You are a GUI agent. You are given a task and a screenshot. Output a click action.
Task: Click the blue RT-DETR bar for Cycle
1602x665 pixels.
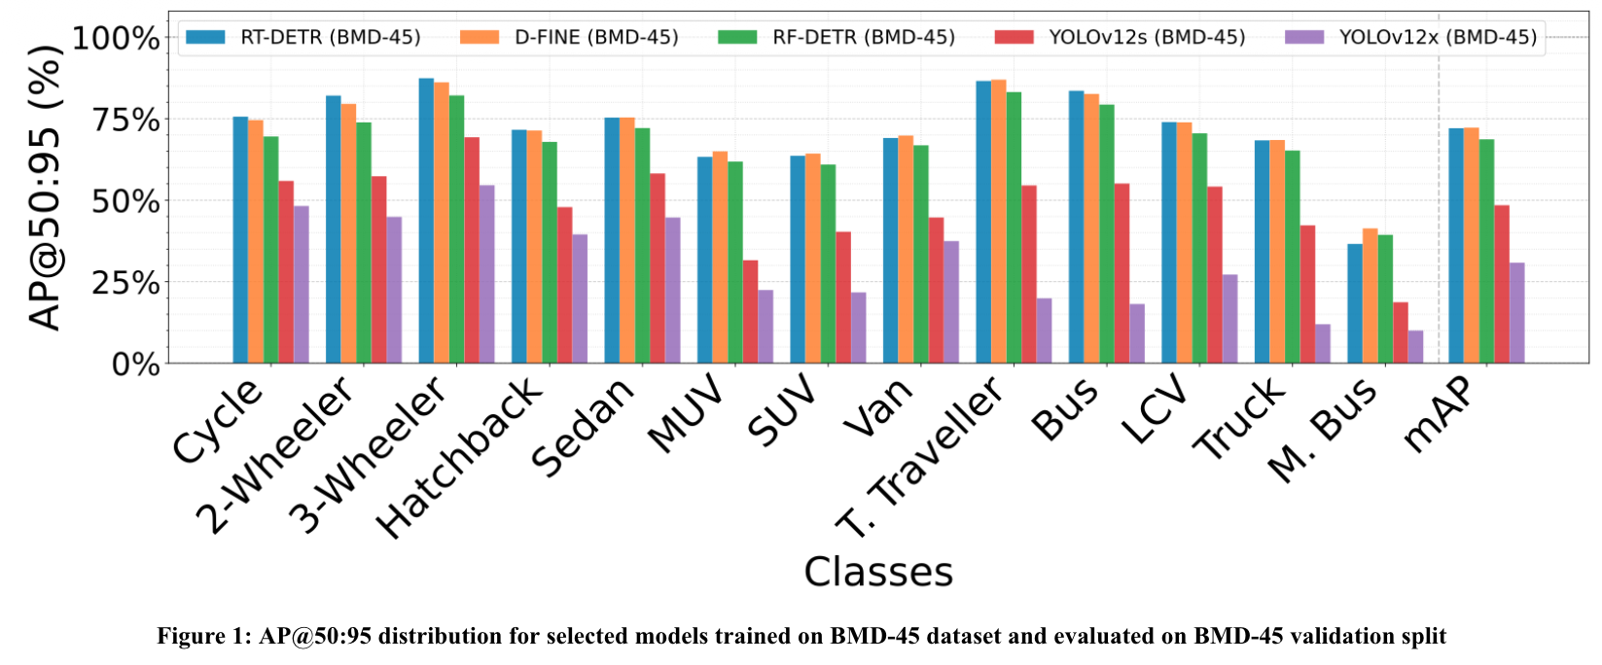[240, 239]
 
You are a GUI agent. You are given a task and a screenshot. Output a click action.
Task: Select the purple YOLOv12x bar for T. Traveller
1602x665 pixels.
[1044, 331]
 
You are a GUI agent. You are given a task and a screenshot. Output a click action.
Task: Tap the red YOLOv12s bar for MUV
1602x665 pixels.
[750, 312]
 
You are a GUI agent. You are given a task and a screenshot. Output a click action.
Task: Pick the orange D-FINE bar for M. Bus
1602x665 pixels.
[1371, 296]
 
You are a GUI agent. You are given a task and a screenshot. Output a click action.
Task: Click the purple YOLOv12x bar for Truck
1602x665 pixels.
[1323, 344]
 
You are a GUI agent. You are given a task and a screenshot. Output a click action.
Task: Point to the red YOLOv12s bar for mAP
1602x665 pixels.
[1502, 285]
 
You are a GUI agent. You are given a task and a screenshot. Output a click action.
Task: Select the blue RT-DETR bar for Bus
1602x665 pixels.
[1077, 227]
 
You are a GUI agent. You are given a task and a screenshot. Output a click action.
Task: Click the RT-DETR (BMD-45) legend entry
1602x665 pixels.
[303, 37]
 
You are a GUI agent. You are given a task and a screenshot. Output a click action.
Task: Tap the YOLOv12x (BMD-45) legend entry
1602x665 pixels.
[1411, 37]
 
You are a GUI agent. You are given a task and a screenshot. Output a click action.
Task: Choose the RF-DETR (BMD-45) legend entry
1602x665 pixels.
[837, 37]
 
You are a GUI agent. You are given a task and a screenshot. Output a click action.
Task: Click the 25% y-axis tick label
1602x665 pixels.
[125, 283]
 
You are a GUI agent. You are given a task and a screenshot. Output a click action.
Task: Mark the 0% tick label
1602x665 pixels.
[136, 365]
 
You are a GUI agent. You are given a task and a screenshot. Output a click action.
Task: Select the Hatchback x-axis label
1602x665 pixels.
[459, 458]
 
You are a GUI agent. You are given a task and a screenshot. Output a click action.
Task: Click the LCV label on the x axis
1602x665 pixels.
[1154, 410]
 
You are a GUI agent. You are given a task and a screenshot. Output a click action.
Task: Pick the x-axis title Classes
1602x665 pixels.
[878, 572]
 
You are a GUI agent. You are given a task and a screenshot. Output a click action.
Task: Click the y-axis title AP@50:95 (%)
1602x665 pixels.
[45, 188]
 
